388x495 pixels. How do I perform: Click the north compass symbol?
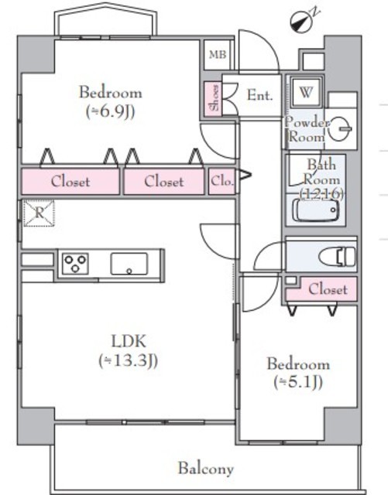[302, 22]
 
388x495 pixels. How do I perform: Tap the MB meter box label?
[218, 55]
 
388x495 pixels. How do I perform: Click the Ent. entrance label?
[259, 95]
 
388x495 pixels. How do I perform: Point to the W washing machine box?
[306, 93]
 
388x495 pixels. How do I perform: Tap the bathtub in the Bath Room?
[315, 210]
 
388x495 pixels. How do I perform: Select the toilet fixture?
[338, 256]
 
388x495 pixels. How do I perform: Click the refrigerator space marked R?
[39, 213]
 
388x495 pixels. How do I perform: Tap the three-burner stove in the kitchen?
[75, 263]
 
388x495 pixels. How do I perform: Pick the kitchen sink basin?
[129, 264]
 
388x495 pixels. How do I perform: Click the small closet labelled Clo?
[222, 181]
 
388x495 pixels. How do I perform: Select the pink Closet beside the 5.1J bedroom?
[321, 289]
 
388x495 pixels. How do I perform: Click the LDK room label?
[129, 341]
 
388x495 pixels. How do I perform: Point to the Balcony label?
[206, 469]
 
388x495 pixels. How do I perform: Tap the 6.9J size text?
[111, 111]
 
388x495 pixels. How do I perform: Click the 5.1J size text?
[298, 382]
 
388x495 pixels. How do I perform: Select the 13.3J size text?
[128, 360]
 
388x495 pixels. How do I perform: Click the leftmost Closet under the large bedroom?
[70, 181]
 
